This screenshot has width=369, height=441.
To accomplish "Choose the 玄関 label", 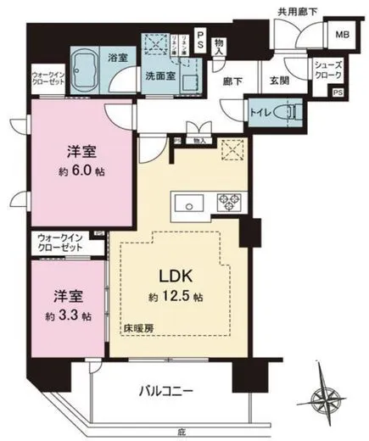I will coord(280,80).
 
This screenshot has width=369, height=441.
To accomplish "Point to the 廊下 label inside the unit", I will coord(233,80).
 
